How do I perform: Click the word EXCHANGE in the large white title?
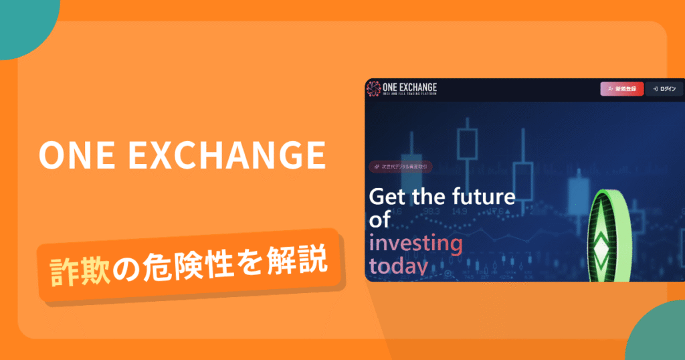point(225,155)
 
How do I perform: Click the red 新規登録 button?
point(621,89)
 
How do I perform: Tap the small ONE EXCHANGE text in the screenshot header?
point(409,86)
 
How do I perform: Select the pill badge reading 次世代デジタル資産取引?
point(401,167)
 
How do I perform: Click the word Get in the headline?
point(389,197)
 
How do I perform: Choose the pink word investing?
point(415,244)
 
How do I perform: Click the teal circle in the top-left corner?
point(23,23)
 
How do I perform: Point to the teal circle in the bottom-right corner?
point(659,335)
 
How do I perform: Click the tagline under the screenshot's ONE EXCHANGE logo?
point(410,96)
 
